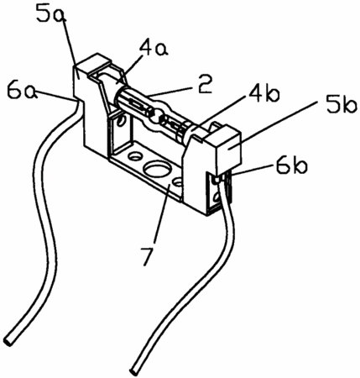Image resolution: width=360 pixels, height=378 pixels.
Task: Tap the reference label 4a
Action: [153, 48]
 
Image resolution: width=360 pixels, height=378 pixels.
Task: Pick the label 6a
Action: [23, 92]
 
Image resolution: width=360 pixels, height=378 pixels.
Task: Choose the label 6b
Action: [292, 165]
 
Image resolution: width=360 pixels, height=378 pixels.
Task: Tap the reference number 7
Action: [149, 255]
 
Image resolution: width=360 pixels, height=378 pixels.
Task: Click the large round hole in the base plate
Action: [157, 170]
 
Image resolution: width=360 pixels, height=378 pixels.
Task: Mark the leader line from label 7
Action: [161, 214]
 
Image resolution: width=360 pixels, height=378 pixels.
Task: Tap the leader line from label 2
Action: [171, 92]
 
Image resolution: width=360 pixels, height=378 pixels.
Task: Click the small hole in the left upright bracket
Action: [121, 122]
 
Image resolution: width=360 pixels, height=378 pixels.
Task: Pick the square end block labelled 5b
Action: [227, 144]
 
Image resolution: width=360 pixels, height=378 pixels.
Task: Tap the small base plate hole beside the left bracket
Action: [135, 156]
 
